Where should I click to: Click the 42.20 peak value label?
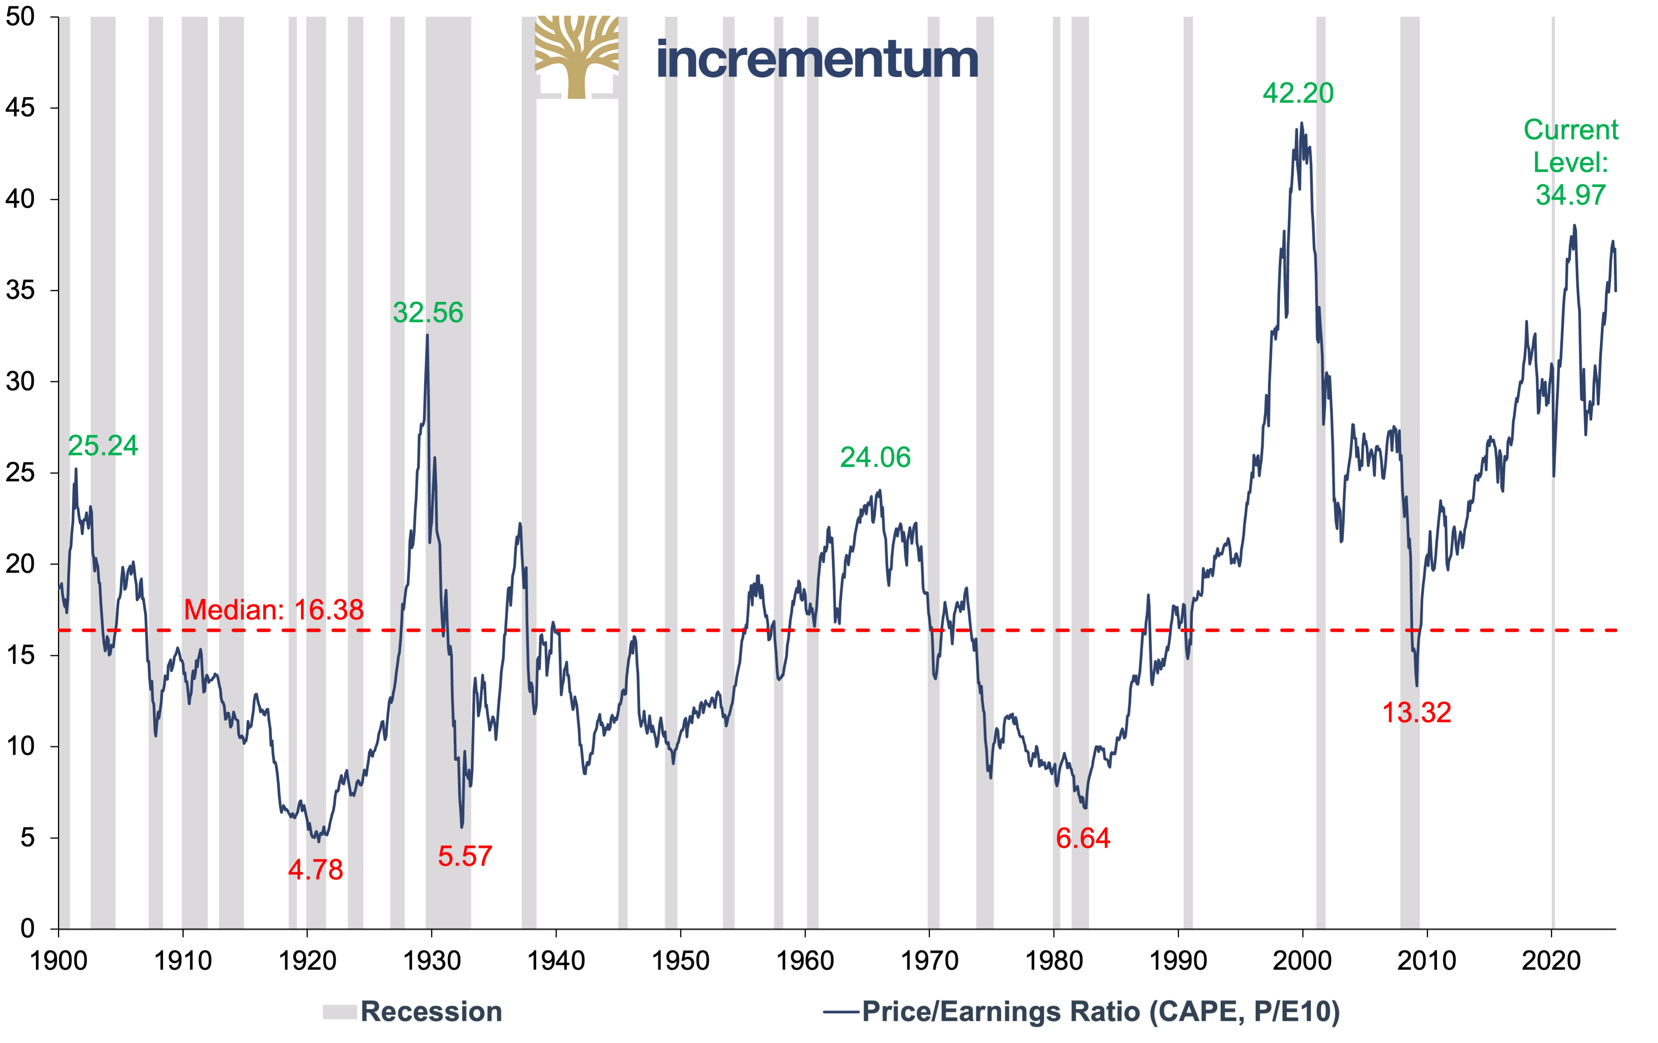(x=1298, y=93)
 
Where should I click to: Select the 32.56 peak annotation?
(x=428, y=312)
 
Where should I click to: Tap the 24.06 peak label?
(x=875, y=457)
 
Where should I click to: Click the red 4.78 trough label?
(x=315, y=869)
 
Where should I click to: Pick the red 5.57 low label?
(x=465, y=856)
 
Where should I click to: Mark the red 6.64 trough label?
(x=1082, y=838)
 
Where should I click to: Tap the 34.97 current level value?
(x=1570, y=195)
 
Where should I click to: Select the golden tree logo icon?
(x=577, y=57)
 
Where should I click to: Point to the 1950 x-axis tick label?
(x=680, y=961)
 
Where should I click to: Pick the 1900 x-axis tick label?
(x=58, y=961)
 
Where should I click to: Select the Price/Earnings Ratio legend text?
(x=1100, y=1011)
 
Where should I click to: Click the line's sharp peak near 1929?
(x=427, y=336)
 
